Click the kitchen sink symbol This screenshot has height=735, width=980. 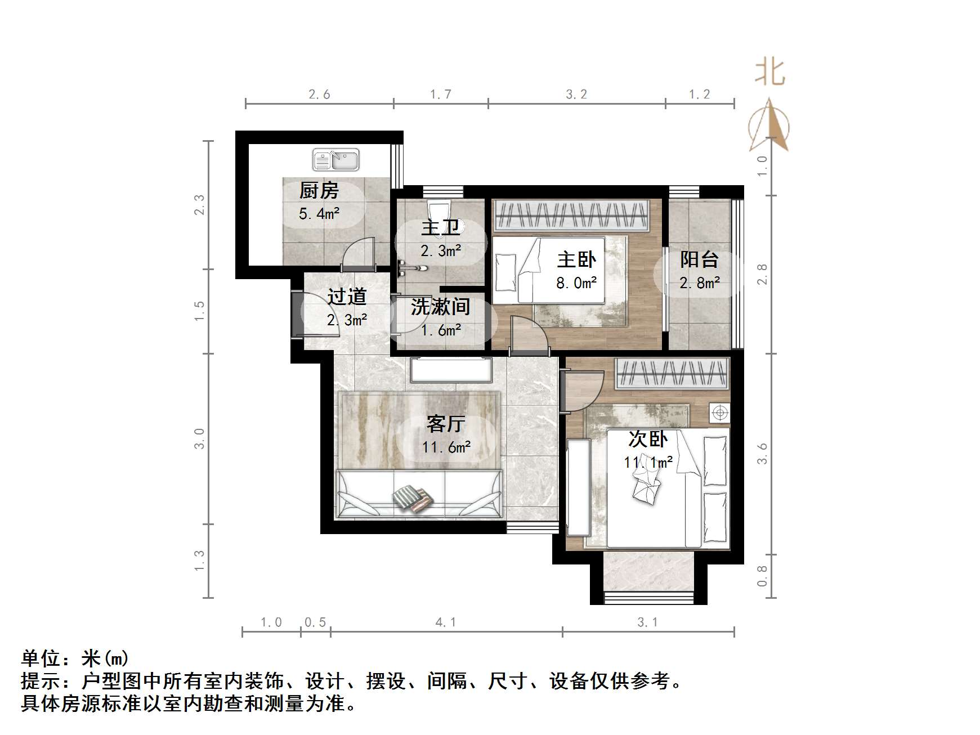coord(336,160)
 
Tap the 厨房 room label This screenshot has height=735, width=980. coord(319,191)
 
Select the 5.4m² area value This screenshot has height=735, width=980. coord(319,214)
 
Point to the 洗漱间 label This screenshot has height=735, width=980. coord(440,307)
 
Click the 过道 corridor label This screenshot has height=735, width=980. coord(347,297)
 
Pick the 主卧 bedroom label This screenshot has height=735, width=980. coord(576,259)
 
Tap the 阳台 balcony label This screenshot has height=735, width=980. coord(699,259)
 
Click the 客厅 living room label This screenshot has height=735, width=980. coord(446,424)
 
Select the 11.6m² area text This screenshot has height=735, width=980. coord(446,447)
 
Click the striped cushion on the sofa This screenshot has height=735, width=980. coord(413,499)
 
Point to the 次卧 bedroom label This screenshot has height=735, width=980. coord(648,439)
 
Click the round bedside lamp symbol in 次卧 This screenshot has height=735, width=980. coord(719,414)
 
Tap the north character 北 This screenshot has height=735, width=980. coord(769,73)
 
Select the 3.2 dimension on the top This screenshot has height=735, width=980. coord(576,95)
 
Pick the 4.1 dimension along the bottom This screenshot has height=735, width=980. coord(446,622)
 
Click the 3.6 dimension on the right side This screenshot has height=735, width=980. coord(762,454)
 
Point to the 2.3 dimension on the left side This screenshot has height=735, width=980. coord(199,205)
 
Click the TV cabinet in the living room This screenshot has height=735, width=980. coord(451,370)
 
